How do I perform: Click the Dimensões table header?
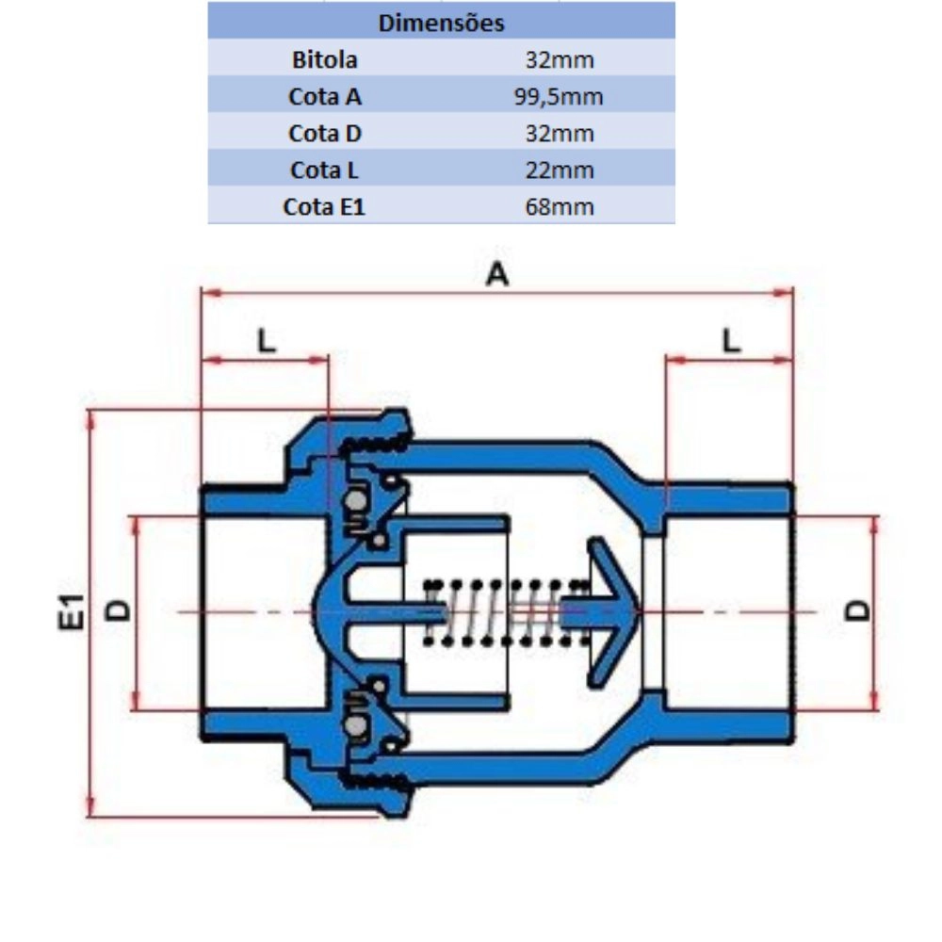coord(441,23)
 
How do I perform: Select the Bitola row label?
coord(324,59)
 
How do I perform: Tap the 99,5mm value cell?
coord(559,97)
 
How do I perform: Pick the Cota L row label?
coord(324,170)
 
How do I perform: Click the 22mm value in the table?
coord(560,170)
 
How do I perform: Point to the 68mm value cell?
coord(560,206)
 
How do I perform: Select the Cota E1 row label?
coord(324,206)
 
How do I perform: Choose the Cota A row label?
coord(325,97)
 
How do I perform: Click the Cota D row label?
coord(325,134)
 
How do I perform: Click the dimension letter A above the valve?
coord(497,274)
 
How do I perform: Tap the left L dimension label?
coord(267,341)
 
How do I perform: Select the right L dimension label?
coord(731,341)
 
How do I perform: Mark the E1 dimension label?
coord(71,611)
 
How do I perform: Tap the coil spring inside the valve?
coord(506,612)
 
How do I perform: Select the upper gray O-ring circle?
coord(356,500)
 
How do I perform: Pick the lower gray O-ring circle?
coord(356,726)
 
